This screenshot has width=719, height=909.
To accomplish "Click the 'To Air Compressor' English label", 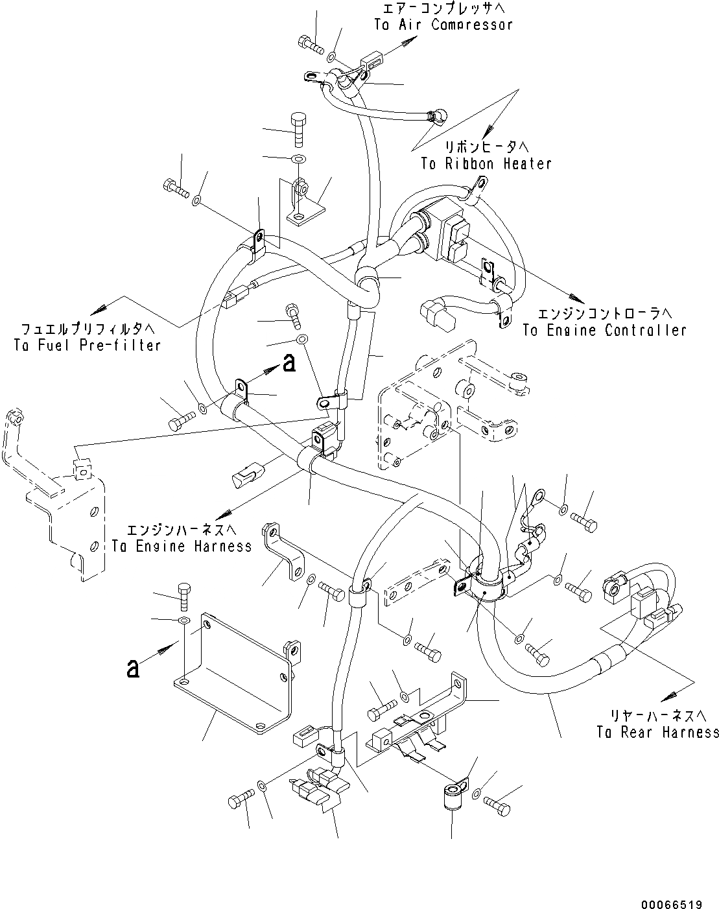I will [443, 25].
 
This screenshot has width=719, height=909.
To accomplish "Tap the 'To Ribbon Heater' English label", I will [486, 163].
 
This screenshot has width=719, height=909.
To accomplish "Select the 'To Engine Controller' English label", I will [604, 330].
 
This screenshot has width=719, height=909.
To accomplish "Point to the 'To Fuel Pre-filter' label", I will [87, 345].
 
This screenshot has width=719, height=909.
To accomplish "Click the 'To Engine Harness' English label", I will [182, 546].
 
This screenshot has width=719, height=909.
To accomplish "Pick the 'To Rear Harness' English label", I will [657, 732].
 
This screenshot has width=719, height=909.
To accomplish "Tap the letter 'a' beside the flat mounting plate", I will [133, 668].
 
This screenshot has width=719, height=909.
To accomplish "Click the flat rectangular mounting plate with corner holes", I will [233, 674].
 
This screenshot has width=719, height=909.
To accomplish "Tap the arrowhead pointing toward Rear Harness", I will [666, 697].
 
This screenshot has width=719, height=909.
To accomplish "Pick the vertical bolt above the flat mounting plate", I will [183, 595].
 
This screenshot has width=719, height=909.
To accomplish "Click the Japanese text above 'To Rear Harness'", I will [657, 715].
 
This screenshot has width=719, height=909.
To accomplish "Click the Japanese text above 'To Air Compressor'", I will [443, 8].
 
